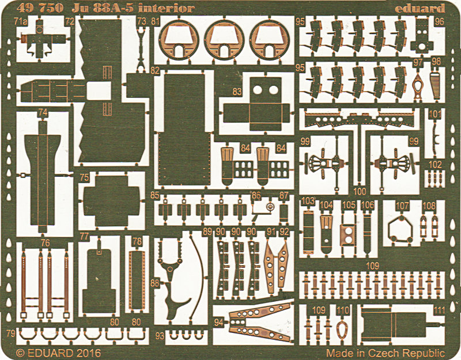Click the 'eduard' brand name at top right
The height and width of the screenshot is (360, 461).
point(420,8)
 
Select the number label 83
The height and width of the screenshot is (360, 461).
point(237,92)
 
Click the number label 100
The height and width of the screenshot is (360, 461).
point(360,191)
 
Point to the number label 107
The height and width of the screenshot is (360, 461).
point(402,206)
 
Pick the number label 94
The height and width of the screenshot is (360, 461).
point(219,323)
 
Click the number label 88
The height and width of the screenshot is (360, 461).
point(154,283)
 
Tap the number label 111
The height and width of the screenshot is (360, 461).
point(439,310)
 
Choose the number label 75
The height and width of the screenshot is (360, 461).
point(84,177)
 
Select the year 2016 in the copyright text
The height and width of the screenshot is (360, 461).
point(89,353)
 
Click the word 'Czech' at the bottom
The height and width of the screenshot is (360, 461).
point(386,353)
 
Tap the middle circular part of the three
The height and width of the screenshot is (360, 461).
point(224,40)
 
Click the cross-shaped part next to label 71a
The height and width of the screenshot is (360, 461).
point(40,39)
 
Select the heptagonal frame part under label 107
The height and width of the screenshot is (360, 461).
point(400,230)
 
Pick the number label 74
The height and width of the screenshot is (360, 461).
point(43,112)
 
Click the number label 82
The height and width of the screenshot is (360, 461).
point(154,70)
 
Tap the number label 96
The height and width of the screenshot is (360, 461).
point(439,21)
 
